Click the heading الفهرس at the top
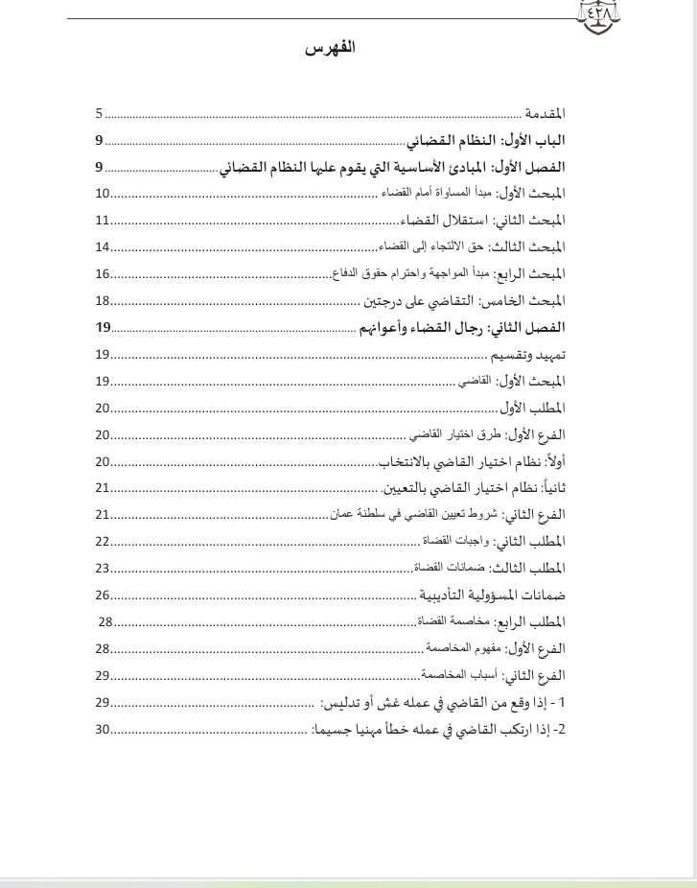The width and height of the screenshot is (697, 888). [x=330, y=49]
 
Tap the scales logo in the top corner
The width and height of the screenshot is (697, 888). [x=598, y=15]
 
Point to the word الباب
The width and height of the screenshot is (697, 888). [x=548, y=142]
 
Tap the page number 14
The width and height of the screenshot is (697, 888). [x=103, y=247]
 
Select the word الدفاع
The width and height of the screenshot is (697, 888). [x=345, y=274]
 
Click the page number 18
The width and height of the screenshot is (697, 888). [x=103, y=301]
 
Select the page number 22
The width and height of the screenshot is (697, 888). [x=103, y=541]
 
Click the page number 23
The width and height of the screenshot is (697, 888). [x=103, y=568]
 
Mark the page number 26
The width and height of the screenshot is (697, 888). [x=103, y=595]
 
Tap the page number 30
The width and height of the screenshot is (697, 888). [x=103, y=729]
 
